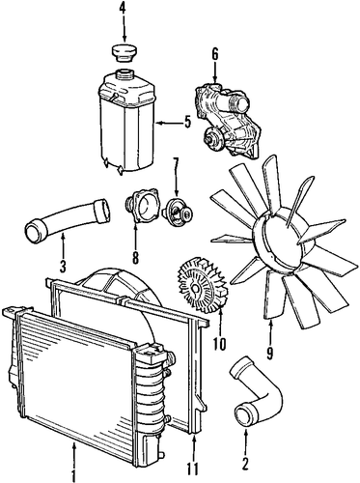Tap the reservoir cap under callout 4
[123, 53]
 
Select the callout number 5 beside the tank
[187, 123]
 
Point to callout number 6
[215, 54]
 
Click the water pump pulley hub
[212, 139]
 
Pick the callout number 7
[176, 164]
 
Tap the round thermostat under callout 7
[177, 211]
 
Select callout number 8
[135, 258]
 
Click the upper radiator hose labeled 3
[67, 219]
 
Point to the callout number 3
[63, 266]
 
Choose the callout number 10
[219, 344]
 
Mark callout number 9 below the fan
[269, 354]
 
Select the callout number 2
[245, 464]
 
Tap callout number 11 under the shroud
[194, 469]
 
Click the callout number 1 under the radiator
[74, 475]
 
